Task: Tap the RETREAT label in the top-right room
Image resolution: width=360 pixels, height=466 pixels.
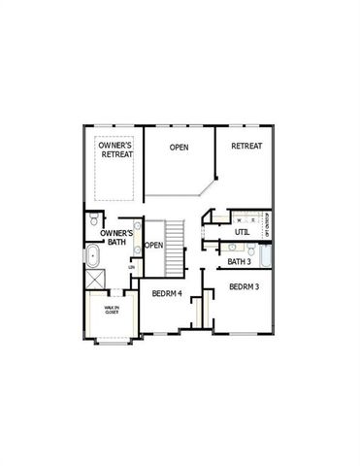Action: [x=245, y=146]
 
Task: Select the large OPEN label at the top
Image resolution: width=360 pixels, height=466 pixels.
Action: [x=180, y=148]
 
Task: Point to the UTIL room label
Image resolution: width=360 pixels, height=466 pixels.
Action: [x=243, y=233]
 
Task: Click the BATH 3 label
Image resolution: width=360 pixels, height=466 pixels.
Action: [x=239, y=261]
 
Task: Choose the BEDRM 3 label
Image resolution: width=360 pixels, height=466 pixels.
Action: [x=244, y=287]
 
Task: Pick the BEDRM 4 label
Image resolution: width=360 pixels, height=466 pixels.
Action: [x=168, y=293]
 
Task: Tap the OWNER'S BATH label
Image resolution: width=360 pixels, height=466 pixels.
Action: [x=115, y=238]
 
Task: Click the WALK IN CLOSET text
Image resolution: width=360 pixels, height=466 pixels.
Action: [x=112, y=310]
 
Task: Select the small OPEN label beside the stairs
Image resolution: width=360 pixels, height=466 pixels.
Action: [x=153, y=245]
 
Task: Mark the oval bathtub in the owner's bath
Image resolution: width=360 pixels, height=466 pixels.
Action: [x=94, y=258]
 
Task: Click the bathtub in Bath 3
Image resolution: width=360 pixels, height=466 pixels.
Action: [x=266, y=258]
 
